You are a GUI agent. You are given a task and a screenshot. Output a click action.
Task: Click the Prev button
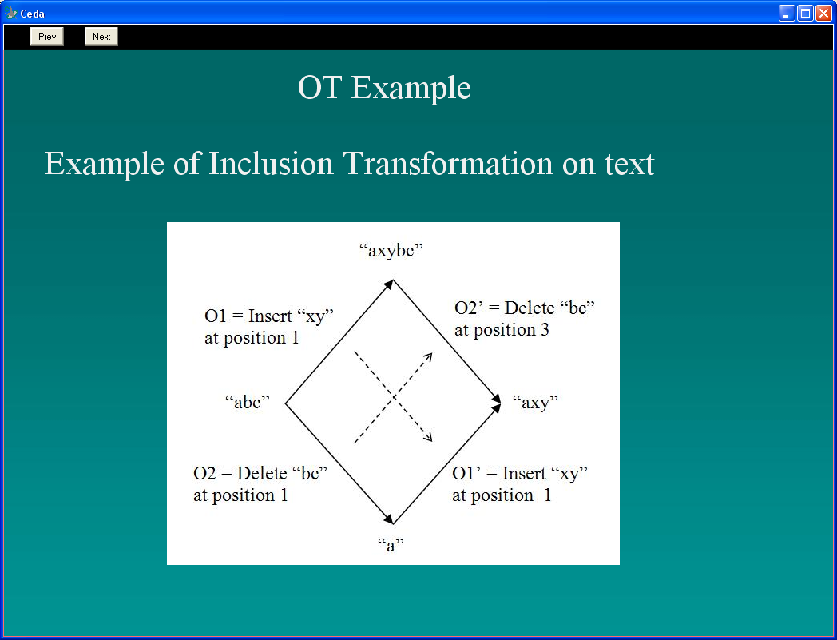(47, 36)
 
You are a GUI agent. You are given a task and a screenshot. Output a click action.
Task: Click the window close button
(823, 13)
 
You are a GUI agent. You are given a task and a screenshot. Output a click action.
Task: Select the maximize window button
(805, 13)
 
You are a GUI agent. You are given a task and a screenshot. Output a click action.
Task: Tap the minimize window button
(787, 13)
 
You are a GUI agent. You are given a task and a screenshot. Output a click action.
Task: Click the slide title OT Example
(384, 88)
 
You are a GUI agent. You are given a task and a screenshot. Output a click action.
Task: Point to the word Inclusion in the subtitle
(271, 163)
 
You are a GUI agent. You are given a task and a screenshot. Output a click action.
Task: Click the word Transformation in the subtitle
(447, 163)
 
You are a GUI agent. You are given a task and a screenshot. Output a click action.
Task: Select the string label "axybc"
(391, 250)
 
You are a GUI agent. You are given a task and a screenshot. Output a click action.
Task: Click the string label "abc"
(248, 402)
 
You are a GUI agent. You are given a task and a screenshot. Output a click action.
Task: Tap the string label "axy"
(535, 402)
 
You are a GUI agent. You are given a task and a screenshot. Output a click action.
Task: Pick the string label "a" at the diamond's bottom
(391, 545)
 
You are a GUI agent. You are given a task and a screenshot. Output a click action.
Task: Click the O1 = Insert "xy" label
(269, 316)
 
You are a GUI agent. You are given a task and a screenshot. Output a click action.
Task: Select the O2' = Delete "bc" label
(525, 308)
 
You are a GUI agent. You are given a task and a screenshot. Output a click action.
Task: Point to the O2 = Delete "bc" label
(260, 473)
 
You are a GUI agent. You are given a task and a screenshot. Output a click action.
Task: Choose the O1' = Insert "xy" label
(520, 474)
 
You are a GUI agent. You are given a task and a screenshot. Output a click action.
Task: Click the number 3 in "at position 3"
(545, 330)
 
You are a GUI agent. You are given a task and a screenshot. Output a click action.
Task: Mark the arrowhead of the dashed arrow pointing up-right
(428, 357)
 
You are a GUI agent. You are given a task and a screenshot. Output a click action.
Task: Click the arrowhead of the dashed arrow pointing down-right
(428, 438)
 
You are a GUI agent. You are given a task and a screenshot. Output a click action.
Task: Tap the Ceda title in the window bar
(32, 14)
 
